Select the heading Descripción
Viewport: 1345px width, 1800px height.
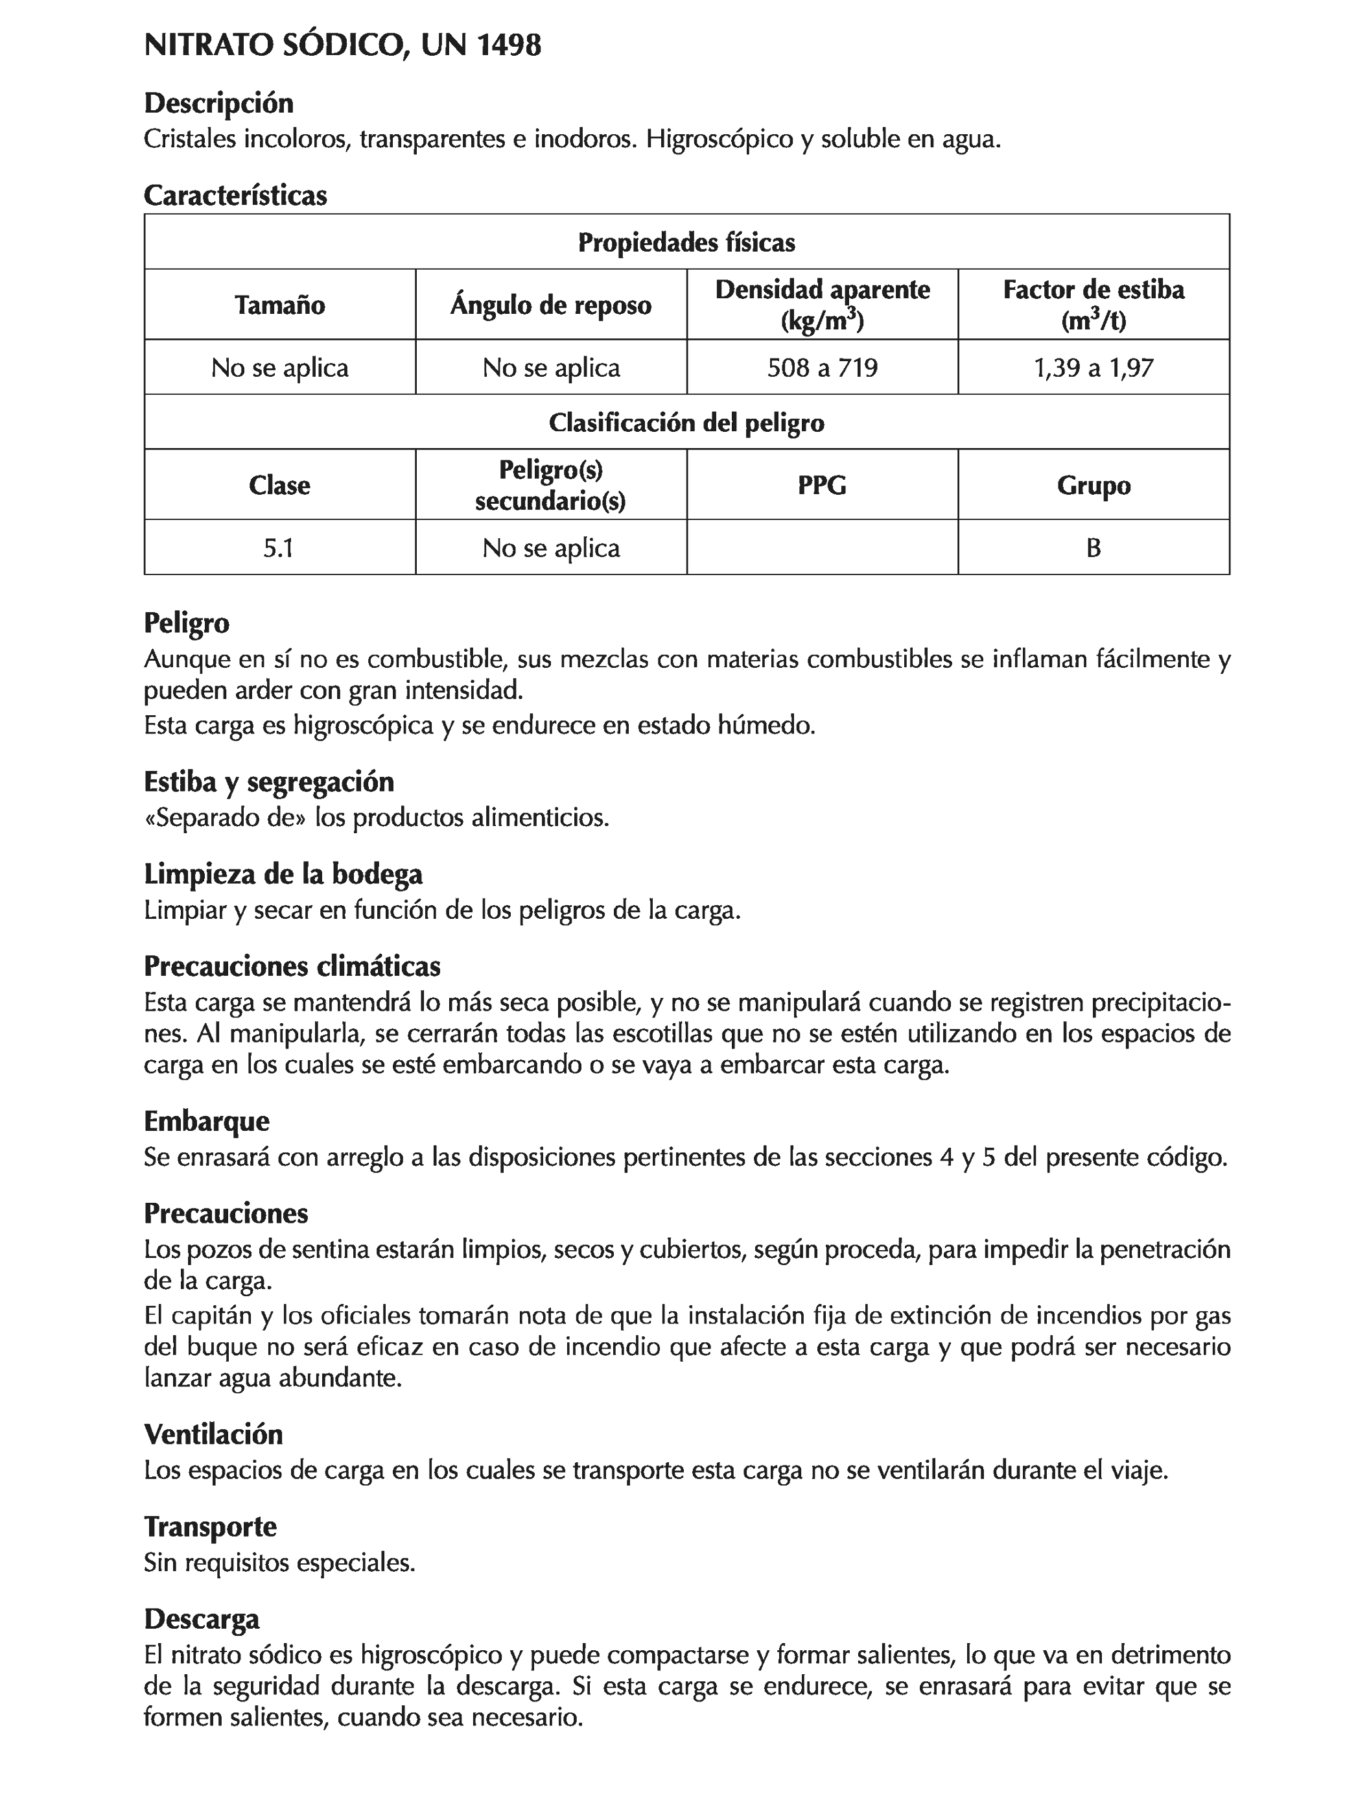218,103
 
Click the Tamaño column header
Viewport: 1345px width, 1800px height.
279,305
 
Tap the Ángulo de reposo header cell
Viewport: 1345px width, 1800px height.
550,305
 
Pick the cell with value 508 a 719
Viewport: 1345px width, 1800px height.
822,368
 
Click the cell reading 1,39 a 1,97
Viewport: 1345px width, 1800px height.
1093,368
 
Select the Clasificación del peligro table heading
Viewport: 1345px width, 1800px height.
686,422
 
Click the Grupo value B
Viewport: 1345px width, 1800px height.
1093,548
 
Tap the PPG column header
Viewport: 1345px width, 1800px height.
822,485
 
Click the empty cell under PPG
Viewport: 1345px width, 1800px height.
822,548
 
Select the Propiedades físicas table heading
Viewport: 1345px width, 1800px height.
686,243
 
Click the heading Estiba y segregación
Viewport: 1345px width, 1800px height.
268,782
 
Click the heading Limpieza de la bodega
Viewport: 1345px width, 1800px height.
283,874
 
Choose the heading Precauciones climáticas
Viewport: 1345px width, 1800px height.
292,966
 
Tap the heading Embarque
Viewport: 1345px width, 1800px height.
207,1121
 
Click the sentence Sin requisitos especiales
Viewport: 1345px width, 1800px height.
279,1561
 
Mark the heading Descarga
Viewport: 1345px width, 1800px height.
202,1618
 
